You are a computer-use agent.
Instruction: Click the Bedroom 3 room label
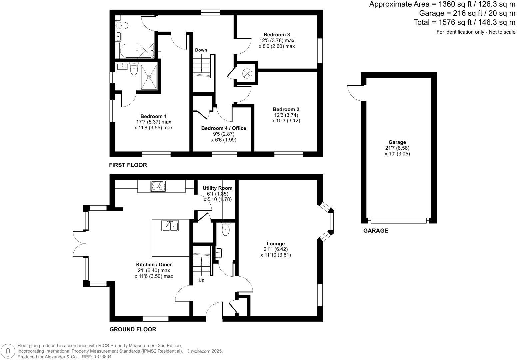pyautogui.click(x=277, y=35)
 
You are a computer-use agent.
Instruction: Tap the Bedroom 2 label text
pyautogui.click(x=286, y=109)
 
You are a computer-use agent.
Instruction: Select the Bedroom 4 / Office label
pyautogui.click(x=224, y=128)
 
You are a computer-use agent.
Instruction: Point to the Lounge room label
pyautogui.click(x=275, y=244)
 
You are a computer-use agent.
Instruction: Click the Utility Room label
pyautogui.click(x=217, y=188)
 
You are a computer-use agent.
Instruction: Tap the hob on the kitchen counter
pyautogui.click(x=158, y=186)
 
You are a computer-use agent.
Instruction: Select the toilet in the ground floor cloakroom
pyautogui.click(x=226, y=229)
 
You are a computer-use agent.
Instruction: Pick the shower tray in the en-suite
pyautogui.click(x=149, y=77)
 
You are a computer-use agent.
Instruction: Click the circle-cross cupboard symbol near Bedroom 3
pyautogui.click(x=247, y=73)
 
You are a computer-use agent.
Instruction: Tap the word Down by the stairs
pyautogui.click(x=201, y=50)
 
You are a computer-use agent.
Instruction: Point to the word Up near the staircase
pyautogui.click(x=201, y=280)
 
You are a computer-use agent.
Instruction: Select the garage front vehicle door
pyautogui.click(x=398, y=220)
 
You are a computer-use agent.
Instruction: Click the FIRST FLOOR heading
pyautogui.click(x=128, y=165)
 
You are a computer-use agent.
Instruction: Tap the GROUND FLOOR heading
pyautogui.click(x=133, y=329)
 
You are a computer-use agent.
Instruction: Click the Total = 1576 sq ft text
pyautogui.click(x=464, y=22)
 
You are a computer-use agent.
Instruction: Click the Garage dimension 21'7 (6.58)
pyautogui.click(x=397, y=148)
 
